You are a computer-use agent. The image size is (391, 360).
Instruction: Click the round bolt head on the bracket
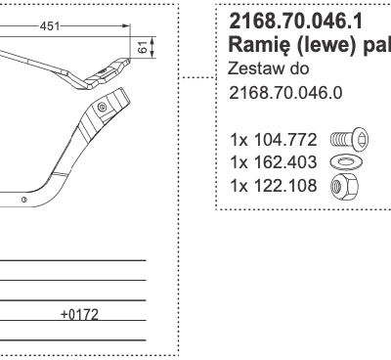pyautogui.click(x=102, y=106)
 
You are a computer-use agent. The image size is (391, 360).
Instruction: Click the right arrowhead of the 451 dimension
pyautogui.click(x=127, y=27)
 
